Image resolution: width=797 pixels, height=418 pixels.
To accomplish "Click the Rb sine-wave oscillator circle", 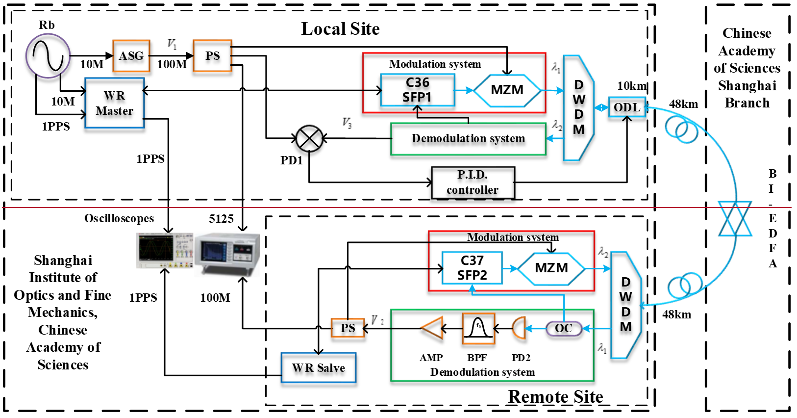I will coord(48,55).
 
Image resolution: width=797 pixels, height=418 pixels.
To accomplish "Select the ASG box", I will coord(131,56).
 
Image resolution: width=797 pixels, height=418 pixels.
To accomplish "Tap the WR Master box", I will coord(115,103).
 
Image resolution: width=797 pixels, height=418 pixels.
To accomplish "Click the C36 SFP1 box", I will coord(418,90).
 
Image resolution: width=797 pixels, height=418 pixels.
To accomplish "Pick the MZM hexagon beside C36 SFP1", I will coord(507,90).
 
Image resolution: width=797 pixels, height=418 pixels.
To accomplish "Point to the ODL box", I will coord(627,107).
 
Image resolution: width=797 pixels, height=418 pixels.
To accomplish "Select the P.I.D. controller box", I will coord(473,183).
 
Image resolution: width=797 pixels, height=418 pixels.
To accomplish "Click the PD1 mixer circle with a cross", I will coord(309,139).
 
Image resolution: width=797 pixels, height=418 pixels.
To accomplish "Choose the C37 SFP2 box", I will coord(472,268).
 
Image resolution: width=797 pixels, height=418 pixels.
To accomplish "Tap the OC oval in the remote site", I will coord(564,328).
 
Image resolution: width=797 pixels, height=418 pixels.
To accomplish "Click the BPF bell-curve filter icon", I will coord(478,328).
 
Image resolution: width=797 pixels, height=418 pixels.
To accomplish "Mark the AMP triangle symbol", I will coord(433,328).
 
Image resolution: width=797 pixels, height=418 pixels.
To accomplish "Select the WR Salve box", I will coord(319,368).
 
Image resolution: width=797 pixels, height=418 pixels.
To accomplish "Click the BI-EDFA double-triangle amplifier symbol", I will coord(735,218).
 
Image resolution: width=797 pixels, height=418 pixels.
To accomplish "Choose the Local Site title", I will coord(340,29).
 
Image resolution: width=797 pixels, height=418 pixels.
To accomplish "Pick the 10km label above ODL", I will coord(632,86).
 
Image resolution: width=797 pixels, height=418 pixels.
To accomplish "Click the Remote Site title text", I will coord(555,396).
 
